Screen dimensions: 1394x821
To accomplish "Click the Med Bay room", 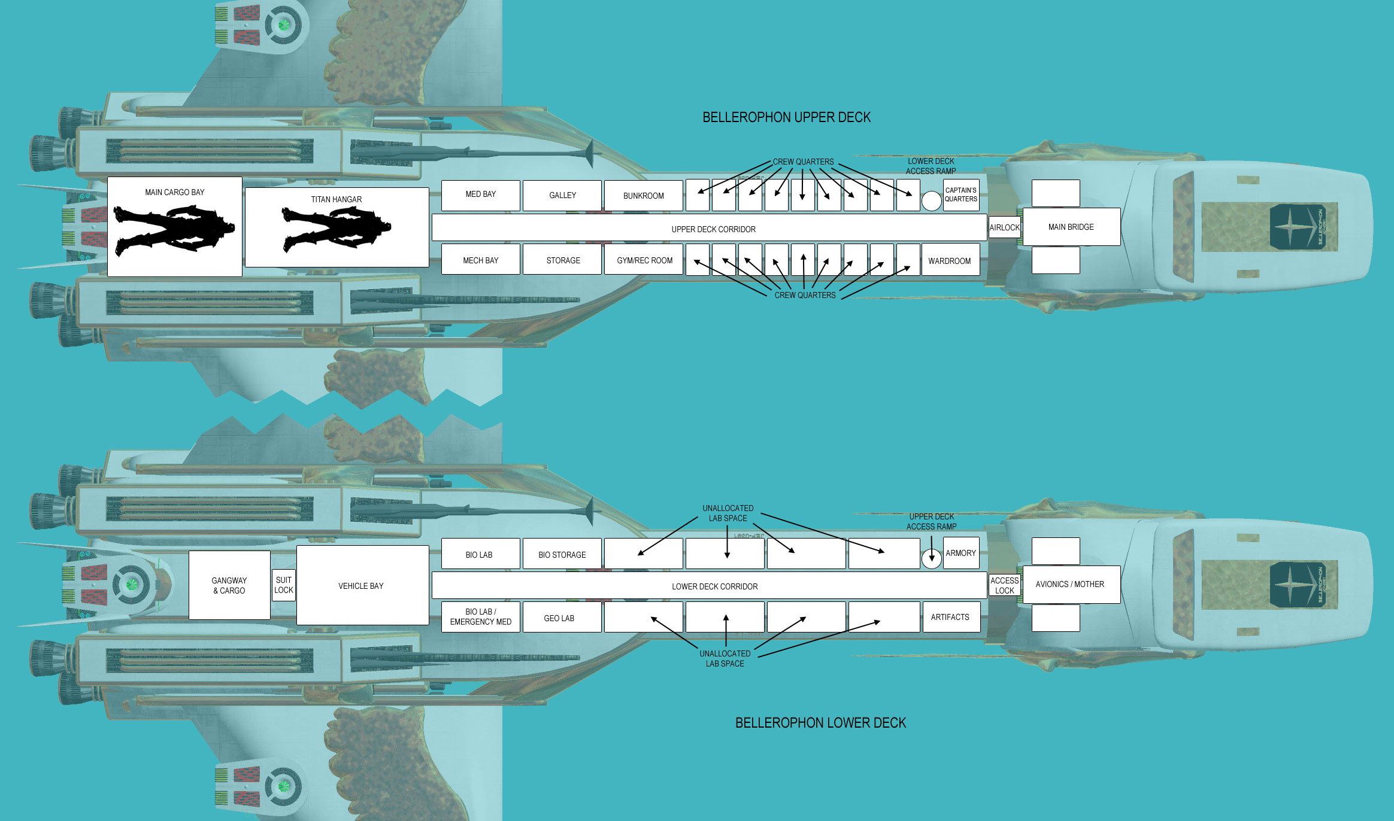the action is click(x=480, y=195).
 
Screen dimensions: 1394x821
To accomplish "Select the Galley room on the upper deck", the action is click(x=562, y=195).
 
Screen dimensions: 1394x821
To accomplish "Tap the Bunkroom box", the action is click(x=643, y=195).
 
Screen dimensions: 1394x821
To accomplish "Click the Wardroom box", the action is click(x=950, y=259).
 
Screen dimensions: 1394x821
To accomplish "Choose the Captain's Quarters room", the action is click(x=961, y=195).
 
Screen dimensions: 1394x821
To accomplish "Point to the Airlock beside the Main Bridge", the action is click(x=1005, y=227).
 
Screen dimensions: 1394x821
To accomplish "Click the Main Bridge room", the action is click(x=1071, y=227).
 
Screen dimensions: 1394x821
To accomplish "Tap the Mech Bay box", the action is click(x=480, y=259).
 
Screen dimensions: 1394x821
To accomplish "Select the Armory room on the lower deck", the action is click(x=961, y=553).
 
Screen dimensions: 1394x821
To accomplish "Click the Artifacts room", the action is click(x=951, y=617).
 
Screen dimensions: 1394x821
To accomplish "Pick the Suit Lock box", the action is click(x=284, y=585).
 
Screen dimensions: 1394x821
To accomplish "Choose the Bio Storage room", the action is click(x=562, y=554).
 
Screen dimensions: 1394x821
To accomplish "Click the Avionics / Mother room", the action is click(x=1071, y=585).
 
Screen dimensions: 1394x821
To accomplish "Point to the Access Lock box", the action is click(x=1005, y=585).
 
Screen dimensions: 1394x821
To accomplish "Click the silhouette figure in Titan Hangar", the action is click(x=336, y=228).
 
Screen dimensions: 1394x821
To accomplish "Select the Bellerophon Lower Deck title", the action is click(x=820, y=723).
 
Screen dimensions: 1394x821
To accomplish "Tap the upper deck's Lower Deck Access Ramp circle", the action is click(x=931, y=201).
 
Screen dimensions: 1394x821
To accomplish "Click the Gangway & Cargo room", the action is click(x=229, y=585).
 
